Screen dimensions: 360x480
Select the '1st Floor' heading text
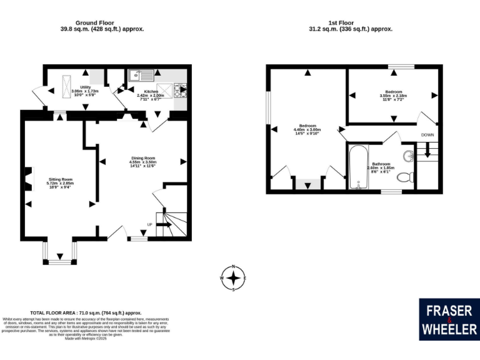pos(351,22)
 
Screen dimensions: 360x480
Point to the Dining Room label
pos(142,161)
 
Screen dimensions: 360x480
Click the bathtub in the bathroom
pos(358,167)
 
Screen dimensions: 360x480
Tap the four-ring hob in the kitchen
pos(181,91)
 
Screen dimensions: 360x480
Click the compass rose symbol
pos(234,278)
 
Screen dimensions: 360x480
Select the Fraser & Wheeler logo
pos(449,319)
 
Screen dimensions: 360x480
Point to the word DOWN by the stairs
pos(427,135)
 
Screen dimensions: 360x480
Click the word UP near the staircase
pos(149,224)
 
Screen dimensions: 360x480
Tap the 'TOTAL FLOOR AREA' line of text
pos(86,312)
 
